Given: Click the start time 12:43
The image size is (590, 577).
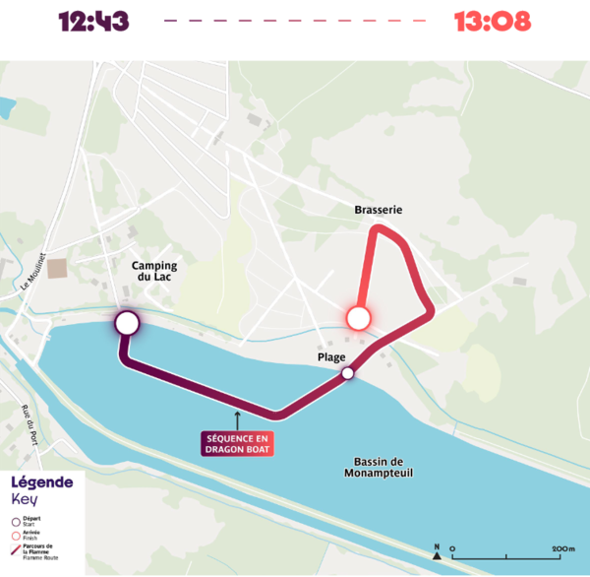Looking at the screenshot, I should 93,21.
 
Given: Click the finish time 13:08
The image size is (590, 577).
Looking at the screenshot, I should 492,21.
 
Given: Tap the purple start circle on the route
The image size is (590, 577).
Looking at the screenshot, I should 127,322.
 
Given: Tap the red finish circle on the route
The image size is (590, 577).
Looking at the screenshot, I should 358,317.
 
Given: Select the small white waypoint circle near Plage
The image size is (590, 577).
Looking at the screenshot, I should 347,373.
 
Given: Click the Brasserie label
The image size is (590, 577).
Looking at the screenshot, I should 379,210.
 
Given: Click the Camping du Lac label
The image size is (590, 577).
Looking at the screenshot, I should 155,272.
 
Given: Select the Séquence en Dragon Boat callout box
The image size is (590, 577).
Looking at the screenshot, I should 237,443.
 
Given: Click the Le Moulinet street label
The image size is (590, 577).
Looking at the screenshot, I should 29,271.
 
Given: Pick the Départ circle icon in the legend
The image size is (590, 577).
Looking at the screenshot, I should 15,520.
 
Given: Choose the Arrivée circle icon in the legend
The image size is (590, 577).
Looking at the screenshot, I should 15,535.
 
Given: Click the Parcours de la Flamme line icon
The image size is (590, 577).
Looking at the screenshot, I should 15,550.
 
